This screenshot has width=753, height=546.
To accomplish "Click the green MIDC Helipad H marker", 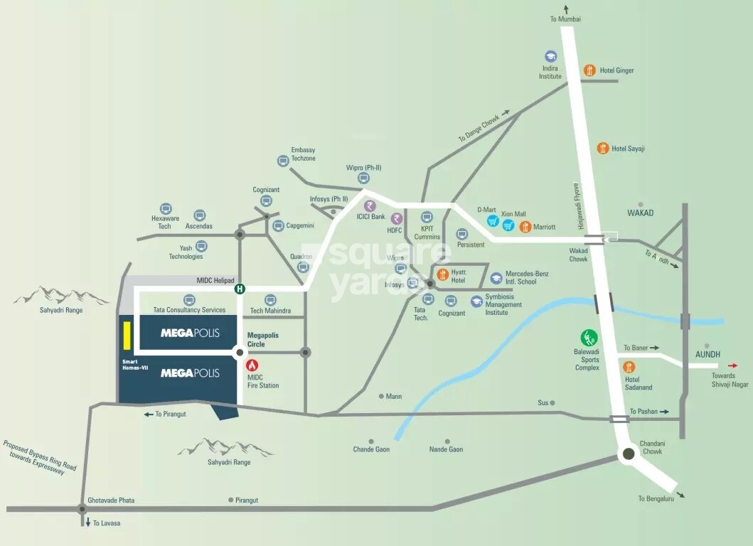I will click(240, 289).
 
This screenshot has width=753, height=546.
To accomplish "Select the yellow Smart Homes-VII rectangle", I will click(126, 336).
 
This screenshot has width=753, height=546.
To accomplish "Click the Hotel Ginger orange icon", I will click(589, 70).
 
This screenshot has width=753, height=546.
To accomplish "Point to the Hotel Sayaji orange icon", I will click(603, 148).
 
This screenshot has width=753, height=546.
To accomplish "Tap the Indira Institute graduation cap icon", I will click(550, 56).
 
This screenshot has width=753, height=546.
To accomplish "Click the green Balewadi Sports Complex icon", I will click(589, 338).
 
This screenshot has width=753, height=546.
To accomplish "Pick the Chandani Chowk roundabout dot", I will click(629, 454).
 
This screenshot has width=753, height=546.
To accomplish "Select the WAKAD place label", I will click(640, 213).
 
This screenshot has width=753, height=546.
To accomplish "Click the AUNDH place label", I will click(707, 354).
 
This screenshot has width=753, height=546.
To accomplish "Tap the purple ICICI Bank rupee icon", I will click(369, 205).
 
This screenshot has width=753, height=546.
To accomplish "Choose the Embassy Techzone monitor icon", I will click(284, 161).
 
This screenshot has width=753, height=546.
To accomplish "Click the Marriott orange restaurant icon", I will click(525, 227).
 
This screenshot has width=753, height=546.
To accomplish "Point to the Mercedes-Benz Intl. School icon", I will click(496, 277).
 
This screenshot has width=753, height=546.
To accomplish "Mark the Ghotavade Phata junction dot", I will click(82, 508).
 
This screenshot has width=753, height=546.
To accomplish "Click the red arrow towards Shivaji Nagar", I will click(732, 365).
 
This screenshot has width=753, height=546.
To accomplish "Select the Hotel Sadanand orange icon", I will click(629, 367).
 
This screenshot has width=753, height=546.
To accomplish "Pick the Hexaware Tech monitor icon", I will click(166, 209).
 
